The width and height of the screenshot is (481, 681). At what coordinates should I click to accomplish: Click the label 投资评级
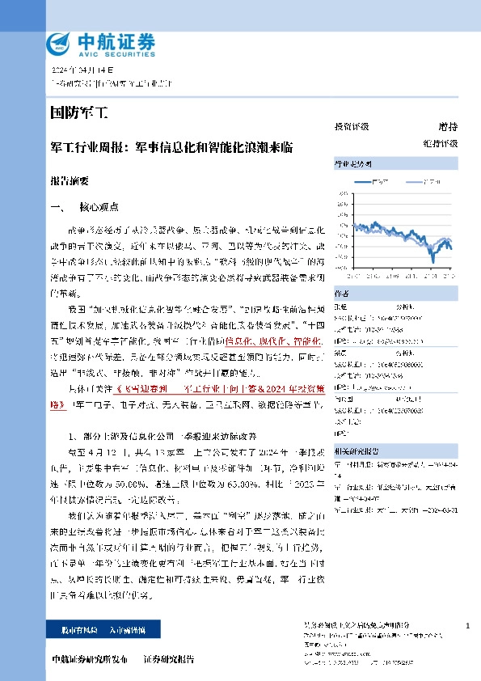pyautogui.click(x=352, y=127)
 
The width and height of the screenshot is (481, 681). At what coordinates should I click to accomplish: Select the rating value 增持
pyautogui.click(x=447, y=127)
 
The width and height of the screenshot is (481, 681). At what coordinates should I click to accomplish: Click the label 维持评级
pyautogui.click(x=444, y=142)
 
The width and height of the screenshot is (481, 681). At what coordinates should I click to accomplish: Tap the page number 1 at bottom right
pyautogui.click(x=468, y=626)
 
